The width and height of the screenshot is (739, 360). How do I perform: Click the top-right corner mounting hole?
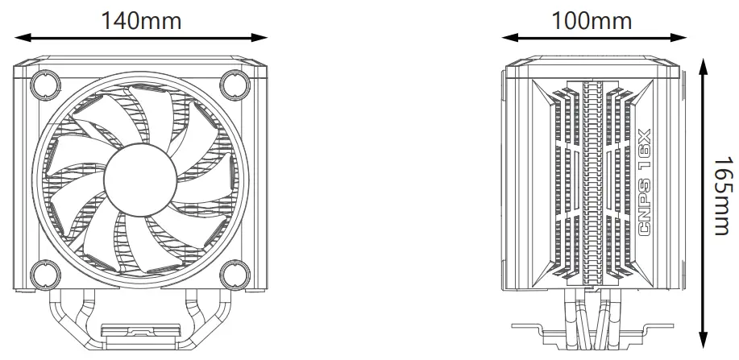point(236,83)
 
